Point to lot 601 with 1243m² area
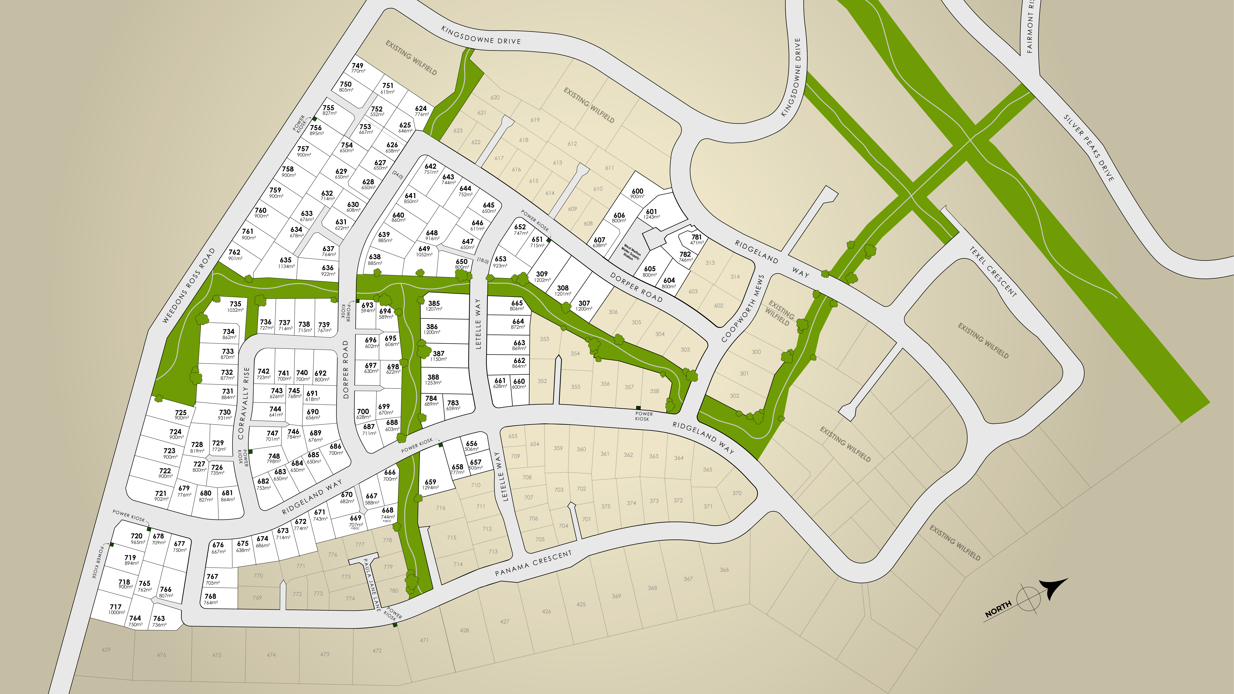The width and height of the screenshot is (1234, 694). pyautogui.click(x=652, y=214)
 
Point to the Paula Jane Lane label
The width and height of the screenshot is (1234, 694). pyautogui.click(x=372, y=584)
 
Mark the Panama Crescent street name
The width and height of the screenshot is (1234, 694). pyautogui.click(x=533, y=563)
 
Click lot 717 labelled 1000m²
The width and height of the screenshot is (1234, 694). pyautogui.click(x=116, y=609)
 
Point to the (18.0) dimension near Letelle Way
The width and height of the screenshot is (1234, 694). pyautogui.click(x=482, y=261)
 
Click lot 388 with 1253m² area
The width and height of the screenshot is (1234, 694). pyautogui.click(x=433, y=379)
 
